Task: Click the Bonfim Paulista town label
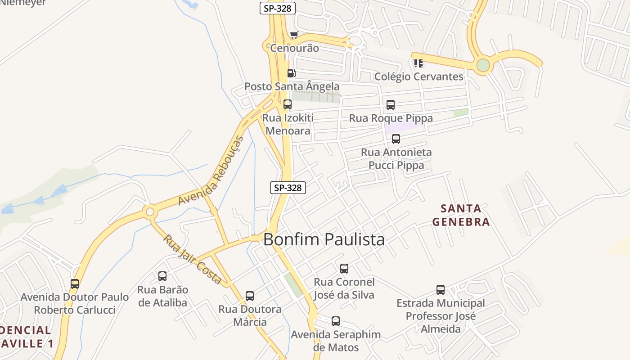coord(324,239)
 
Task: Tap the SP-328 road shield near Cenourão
coord(278,8)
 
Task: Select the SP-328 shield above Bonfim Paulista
coord(288,188)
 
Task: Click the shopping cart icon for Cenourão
coord(294,35)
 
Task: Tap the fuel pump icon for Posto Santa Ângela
coord(291,73)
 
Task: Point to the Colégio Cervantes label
coord(418,76)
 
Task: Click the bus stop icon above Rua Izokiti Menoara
coord(287,104)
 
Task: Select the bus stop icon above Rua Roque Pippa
coord(390,105)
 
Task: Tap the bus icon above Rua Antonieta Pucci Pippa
coord(396,139)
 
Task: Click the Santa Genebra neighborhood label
coord(460,215)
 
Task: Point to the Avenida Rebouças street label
coord(211,171)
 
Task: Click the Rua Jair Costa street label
coord(192,259)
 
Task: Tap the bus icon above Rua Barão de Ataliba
coord(162,276)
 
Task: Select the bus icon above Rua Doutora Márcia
coord(250,296)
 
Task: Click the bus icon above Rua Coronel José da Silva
coord(344,269)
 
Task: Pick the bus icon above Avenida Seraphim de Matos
coord(336,321)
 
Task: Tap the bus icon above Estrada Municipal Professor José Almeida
coord(441,290)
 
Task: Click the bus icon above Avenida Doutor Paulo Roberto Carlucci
coord(75,284)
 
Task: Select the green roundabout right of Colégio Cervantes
coord(483,65)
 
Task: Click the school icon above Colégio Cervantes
coord(418,63)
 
